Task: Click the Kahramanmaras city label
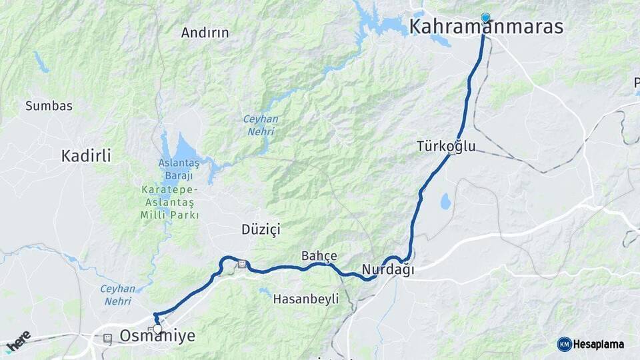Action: coord(486,27)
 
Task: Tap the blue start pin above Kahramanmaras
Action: coord(485,17)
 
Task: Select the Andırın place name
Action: coord(205,32)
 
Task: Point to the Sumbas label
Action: coord(49,105)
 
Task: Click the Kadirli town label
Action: coord(86,156)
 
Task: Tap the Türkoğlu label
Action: coord(446,145)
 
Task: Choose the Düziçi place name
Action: coord(261,229)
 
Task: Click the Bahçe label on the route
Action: coord(319,255)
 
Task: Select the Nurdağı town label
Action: coord(387,270)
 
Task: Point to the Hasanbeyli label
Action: coord(305,299)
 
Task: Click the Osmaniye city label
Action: coord(157,336)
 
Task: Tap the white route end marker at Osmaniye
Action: coord(157,329)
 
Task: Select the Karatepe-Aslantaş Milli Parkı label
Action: coord(169,203)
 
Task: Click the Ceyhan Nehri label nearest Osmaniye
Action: coord(117,295)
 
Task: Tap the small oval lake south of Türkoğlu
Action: coord(445,200)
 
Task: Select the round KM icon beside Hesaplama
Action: coord(564,344)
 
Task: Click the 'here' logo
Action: coord(17,340)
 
